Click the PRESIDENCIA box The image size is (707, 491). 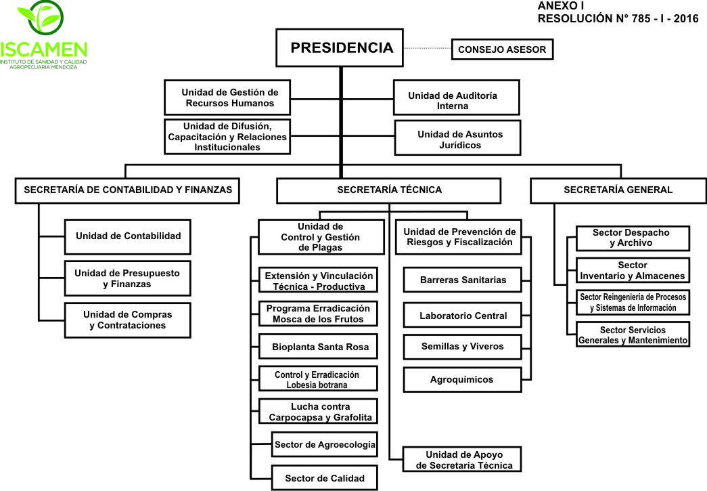tap(340, 48)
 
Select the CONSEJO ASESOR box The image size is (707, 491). tap(502, 49)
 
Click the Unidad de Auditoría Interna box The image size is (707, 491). tap(456, 98)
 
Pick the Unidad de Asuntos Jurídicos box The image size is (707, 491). tap(457, 137)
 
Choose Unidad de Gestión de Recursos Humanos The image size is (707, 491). tap(227, 98)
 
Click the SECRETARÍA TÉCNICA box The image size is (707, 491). tap(388, 190)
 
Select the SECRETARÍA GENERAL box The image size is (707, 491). tap(618, 190)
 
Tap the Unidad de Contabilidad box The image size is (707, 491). tap(128, 237)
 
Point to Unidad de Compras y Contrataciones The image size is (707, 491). tap(128, 320)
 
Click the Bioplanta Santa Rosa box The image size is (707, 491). tap(319, 347)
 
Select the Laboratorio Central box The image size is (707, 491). tap(463, 316)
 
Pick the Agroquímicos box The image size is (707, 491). tap(463, 380)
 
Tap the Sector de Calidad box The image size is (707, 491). tap(325, 478)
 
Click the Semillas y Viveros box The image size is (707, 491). tap(463, 347)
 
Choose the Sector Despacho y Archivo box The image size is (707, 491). tap(633, 238)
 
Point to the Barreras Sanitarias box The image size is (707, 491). tap(463, 280)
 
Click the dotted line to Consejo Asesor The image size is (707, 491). tap(428, 48)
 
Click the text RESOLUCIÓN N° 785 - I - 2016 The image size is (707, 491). tap(618, 18)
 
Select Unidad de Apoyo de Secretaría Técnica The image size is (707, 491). tap(462, 460)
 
